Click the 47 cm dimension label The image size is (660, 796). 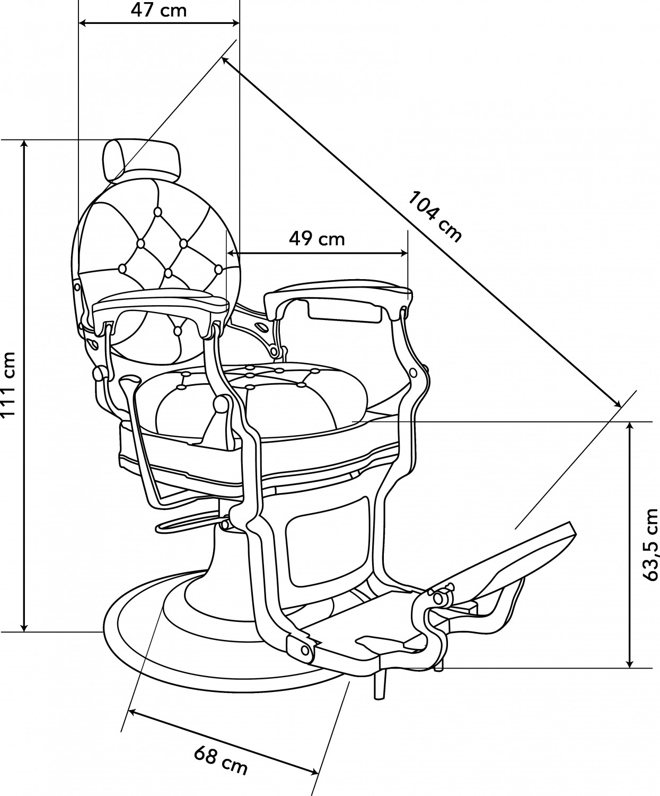159,10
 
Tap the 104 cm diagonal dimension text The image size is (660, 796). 435,217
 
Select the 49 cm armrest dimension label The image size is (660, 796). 317,239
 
